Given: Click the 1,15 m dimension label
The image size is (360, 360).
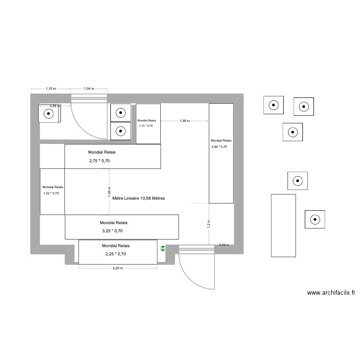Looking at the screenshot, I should (51, 89).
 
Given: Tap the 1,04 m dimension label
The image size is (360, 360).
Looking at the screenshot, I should (89, 89).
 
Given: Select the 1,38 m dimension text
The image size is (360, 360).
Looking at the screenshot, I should (185, 121).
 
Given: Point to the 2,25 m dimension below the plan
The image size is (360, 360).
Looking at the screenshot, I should (118, 269).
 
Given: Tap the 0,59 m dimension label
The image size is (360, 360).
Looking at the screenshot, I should (224, 245).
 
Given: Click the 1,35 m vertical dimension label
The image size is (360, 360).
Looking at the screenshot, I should (109, 193).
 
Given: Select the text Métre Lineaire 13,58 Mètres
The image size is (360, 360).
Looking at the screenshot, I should (138, 198).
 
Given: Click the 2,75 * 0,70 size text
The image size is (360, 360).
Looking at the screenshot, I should (99, 161).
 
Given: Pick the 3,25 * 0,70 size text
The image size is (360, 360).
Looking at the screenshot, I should (114, 231).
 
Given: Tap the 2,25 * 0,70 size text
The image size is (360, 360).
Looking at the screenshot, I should (116, 254).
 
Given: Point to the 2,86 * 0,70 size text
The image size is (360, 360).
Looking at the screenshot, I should (219, 147).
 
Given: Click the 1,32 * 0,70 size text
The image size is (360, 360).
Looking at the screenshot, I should (51, 193).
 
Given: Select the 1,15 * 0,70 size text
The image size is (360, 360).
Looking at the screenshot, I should (146, 126).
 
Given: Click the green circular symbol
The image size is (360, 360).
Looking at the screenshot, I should (163, 249).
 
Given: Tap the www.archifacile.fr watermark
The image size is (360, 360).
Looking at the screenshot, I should (331, 292).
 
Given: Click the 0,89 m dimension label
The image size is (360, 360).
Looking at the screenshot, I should (55, 106).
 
